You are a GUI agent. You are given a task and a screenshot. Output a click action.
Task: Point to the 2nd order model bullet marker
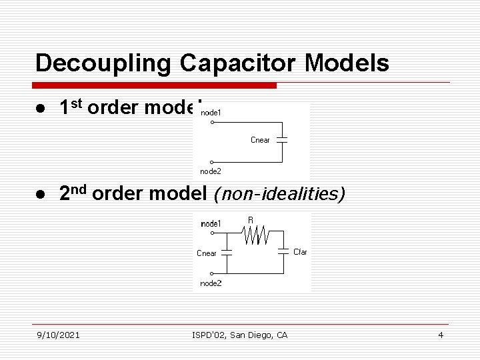[x=41, y=194]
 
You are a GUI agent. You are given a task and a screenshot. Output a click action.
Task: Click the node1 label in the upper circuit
[x=211, y=113]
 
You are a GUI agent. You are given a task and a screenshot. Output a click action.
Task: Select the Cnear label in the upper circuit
[x=260, y=140]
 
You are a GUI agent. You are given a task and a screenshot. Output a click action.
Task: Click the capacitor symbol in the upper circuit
[x=282, y=141]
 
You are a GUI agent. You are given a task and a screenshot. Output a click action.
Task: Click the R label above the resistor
[x=251, y=220]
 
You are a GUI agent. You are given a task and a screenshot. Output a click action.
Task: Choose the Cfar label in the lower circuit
[x=300, y=252]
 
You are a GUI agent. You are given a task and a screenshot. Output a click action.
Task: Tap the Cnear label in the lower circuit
[x=207, y=253]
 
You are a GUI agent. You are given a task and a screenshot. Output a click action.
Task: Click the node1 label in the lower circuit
[x=211, y=224]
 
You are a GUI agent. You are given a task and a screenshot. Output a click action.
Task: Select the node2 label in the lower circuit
[x=211, y=283]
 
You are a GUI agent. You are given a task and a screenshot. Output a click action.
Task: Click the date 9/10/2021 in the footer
[x=59, y=335]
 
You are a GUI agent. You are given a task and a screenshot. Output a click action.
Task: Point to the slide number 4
[x=441, y=335]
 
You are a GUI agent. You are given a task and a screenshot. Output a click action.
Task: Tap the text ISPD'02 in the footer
[x=206, y=335]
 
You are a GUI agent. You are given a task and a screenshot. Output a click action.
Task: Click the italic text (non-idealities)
[x=278, y=194]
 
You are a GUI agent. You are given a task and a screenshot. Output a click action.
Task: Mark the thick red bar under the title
[x=156, y=85]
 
